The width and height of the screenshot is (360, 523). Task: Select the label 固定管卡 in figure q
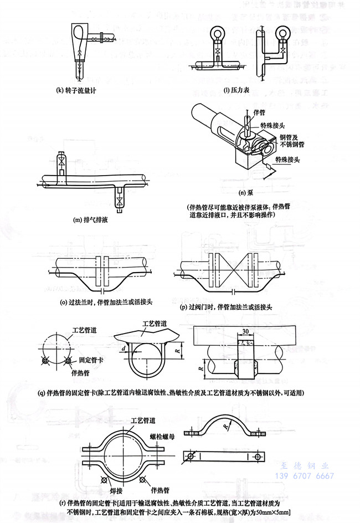tap(87, 361)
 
